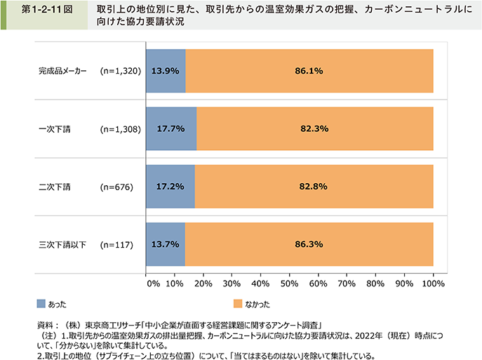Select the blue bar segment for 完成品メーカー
coord(166,71)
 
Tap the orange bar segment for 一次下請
coord(314,129)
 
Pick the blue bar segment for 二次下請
coord(170,187)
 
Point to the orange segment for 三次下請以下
coord(309,245)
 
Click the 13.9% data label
coord(166,71)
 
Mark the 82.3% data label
coord(314,129)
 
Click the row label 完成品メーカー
coord(62,71)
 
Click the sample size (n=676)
coord(117,187)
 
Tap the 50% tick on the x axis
coord(289,284)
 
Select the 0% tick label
coord(153,284)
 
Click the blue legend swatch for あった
coord(41,304)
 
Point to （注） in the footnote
coord(43,335)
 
